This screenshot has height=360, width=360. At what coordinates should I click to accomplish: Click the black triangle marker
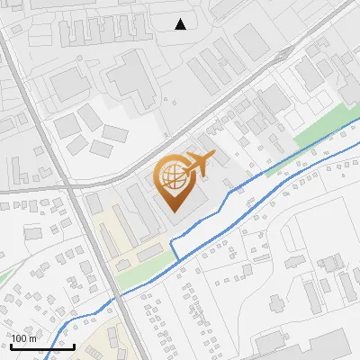(x=181, y=24)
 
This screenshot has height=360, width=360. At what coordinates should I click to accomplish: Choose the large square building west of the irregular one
(x=68, y=85)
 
